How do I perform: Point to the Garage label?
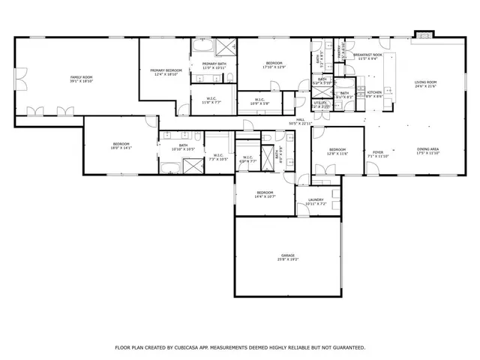288,257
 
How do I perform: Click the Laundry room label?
315,201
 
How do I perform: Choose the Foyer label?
378,154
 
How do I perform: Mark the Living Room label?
425,84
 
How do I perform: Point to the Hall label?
299,121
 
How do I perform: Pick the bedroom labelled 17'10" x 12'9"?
273,64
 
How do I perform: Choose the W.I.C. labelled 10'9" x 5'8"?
259,101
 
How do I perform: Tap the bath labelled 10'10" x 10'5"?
183,147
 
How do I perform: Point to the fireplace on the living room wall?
424,33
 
